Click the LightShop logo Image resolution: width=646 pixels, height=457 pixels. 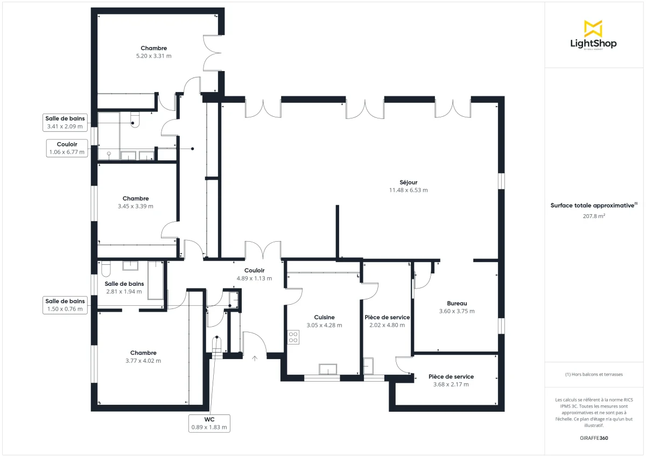click(593, 35)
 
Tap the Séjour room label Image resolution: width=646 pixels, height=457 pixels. click(408, 182)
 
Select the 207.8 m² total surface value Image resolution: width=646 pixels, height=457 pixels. click(594, 216)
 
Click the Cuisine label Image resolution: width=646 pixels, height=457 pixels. click(324, 318)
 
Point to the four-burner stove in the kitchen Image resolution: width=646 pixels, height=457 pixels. click(293, 338)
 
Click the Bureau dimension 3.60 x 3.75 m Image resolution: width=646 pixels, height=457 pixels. click(457, 311)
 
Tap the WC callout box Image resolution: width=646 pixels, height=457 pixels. click(209, 423)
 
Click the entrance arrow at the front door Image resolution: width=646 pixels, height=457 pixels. click(254, 357)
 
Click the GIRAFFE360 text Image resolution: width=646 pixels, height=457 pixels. click(594, 438)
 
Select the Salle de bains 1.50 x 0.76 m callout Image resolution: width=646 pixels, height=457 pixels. click(65, 305)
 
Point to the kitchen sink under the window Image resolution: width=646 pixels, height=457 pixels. click(328, 369)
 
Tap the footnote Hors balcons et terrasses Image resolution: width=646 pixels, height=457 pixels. click(594, 374)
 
